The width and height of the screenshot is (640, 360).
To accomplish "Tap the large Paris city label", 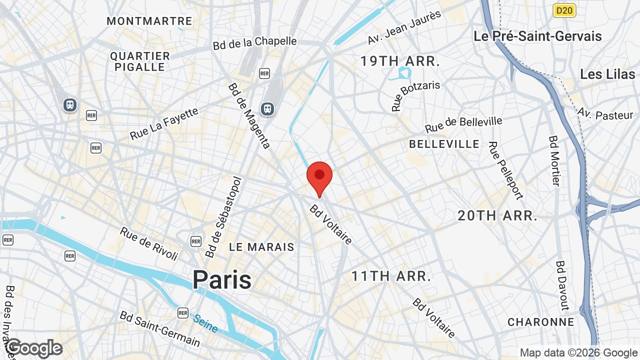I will (222, 279).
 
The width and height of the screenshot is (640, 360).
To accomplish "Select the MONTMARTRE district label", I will (149, 21).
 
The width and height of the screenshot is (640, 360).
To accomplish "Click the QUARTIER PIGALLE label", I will (140, 61).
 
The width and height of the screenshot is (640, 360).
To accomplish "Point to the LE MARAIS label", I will (261, 247).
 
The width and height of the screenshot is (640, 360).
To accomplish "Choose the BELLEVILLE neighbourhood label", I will (444, 144).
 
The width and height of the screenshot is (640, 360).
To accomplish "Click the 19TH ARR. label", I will (400, 62).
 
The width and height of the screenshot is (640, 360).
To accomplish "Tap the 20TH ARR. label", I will (497, 216).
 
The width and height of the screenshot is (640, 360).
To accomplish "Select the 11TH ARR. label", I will (391, 276).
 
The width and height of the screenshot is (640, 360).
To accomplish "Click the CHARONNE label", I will (541, 322).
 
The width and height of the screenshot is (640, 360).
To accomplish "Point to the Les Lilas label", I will (607, 74).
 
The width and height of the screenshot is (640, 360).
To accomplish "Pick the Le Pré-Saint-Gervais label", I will (537, 36).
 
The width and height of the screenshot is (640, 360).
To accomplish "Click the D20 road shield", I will (564, 10).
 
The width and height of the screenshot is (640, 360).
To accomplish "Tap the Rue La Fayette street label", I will (164, 124).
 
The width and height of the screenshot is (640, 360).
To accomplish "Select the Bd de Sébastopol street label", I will (223, 217).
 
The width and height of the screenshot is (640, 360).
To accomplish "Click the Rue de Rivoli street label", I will (149, 243).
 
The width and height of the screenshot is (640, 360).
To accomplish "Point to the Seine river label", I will (205, 323).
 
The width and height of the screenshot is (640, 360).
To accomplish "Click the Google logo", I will (34, 348).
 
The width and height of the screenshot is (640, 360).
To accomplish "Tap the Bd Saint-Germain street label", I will (160, 329).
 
